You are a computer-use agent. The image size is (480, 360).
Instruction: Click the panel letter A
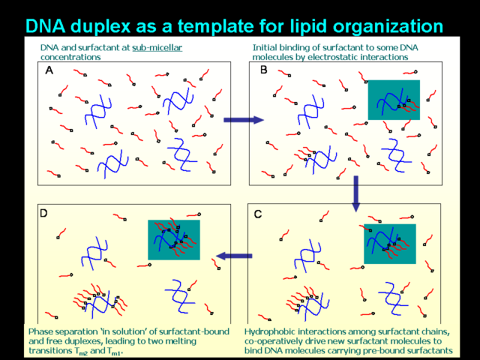click(49, 70)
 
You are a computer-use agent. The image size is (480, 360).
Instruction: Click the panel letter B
click(263, 70)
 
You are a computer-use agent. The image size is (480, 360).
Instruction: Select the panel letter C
click(257, 214)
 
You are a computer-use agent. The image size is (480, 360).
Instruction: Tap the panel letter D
click(44, 214)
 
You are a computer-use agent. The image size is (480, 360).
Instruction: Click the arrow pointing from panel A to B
click(243, 120)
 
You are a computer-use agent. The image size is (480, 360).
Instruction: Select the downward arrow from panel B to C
click(356, 193)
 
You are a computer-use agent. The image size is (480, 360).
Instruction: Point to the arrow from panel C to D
click(233, 257)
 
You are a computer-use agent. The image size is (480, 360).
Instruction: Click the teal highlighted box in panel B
click(394, 100)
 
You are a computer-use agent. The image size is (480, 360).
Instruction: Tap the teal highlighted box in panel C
click(389, 244)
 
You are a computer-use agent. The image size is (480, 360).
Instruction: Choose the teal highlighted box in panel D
click(174, 240)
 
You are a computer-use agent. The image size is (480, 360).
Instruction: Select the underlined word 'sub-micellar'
click(157, 47)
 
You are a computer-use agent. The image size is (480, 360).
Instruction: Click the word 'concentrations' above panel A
click(70, 57)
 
